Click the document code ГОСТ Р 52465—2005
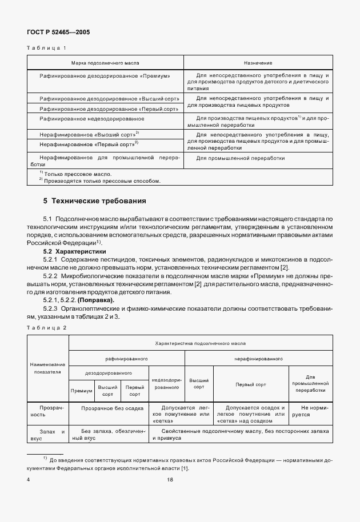[58, 32]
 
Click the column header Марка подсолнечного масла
[105, 62]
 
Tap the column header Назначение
[258, 62]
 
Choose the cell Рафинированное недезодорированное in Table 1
[91, 119]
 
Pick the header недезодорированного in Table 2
[166, 383]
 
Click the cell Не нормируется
[311, 411]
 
